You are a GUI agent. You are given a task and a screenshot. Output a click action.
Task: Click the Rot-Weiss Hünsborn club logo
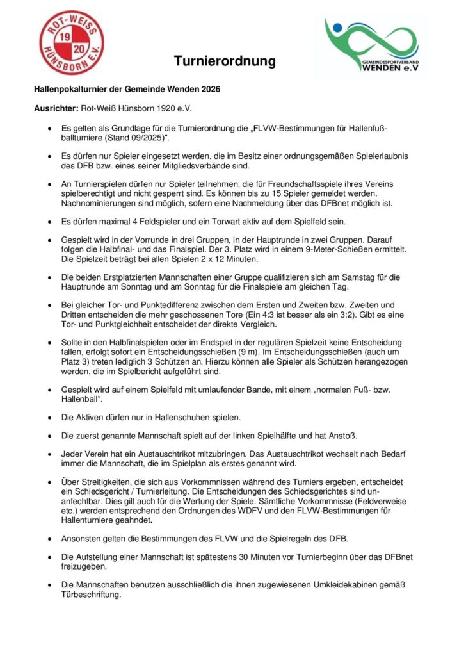(72, 42)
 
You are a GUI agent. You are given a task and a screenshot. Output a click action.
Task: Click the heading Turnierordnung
(225, 61)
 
